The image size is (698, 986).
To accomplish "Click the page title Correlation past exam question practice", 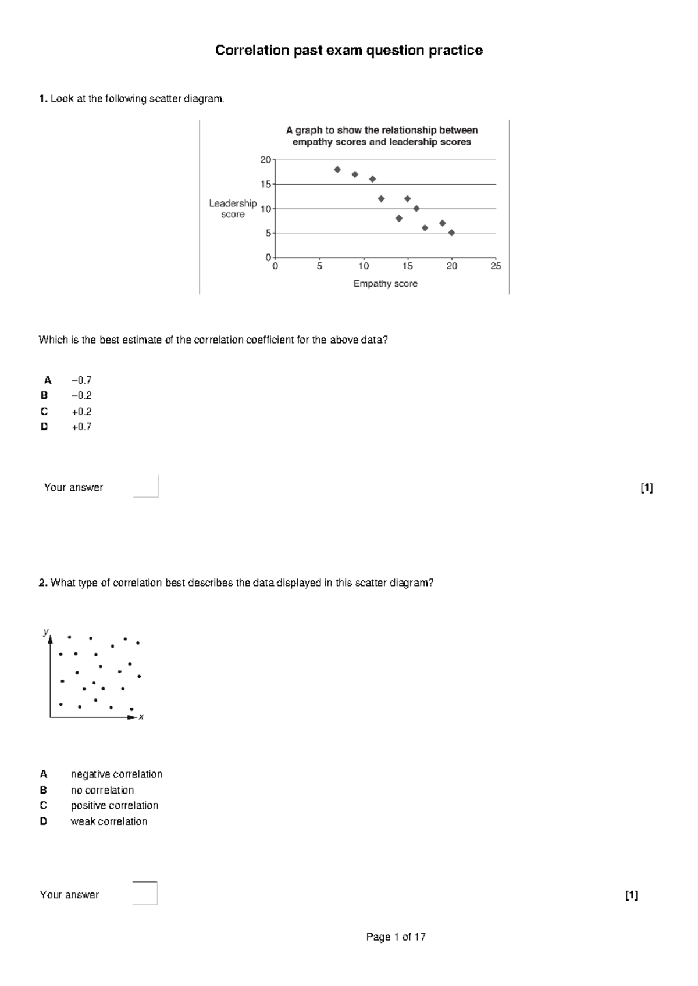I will [348, 51].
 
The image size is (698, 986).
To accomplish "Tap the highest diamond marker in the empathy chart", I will [337, 169].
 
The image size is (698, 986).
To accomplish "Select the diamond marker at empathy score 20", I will [451, 233].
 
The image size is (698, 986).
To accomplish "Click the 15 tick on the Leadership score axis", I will [266, 184].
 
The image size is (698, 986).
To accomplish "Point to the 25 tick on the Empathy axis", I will [496, 266].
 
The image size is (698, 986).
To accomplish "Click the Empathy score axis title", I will [385, 284].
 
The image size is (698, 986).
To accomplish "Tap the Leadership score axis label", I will [233, 209].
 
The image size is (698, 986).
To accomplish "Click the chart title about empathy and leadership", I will [382, 136].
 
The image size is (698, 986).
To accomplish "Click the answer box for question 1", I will [145, 487].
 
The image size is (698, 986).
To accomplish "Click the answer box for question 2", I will [145, 894].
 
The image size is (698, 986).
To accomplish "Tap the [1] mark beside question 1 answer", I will [646, 488].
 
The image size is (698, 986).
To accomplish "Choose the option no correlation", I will [102, 790].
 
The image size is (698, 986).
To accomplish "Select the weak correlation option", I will [109, 821].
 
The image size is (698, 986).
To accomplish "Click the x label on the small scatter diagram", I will [141, 717].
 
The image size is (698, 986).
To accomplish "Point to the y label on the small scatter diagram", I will [45, 631].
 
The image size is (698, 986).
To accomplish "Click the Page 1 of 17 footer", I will [396, 937].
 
